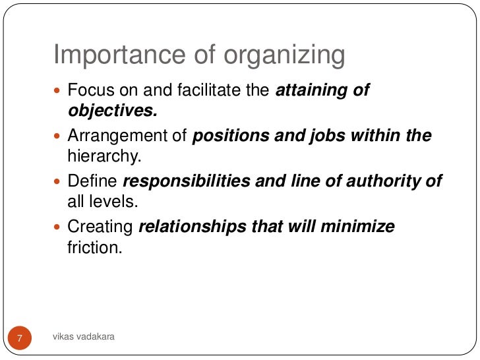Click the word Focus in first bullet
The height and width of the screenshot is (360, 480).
90,90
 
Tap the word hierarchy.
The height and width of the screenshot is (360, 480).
103,156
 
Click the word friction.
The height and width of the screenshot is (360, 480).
95,248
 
